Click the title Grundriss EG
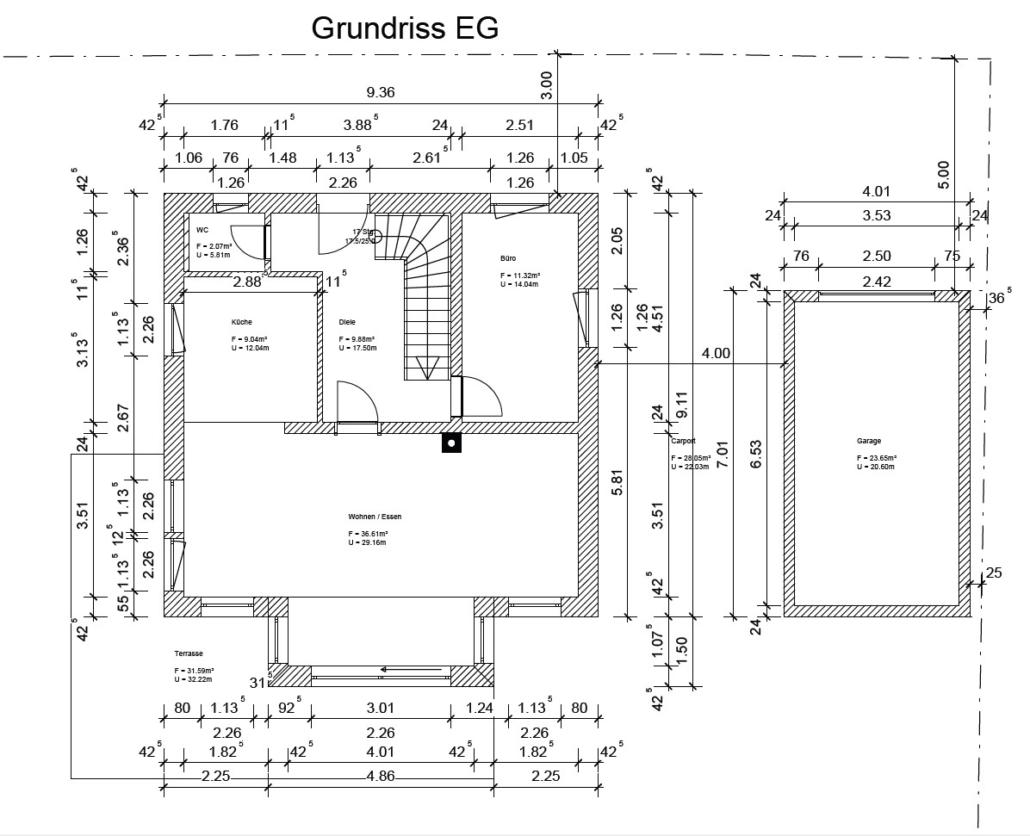click(x=405, y=28)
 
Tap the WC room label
click(x=202, y=230)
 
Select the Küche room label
click(x=241, y=322)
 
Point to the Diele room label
click(x=347, y=322)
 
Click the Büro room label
click(x=507, y=258)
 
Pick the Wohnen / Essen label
click(x=375, y=517)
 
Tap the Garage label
click(x=869, y=441)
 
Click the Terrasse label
click(x=188, y=654)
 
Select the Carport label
click(x=683, y=441)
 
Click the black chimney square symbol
click(x=450, y=443)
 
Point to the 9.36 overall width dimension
click(x=381, y=93)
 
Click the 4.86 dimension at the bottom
click(x=381, y=776)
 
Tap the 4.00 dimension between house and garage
click(x=716, y=353)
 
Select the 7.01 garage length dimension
click(x=722, y=448)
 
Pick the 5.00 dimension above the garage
click(x=943, y=175)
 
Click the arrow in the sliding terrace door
click(x=398, y=668)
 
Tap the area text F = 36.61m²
click(x=367, y=534)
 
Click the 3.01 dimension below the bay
click(x=380, y=709)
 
